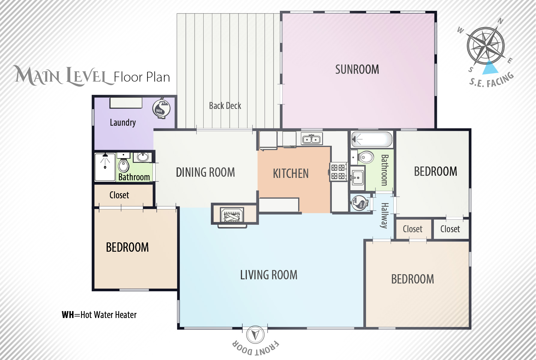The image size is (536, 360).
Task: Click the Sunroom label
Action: coord(357,70)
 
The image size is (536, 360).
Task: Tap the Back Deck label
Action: coord(225,106)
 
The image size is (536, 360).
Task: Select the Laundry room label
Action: coord(123,122)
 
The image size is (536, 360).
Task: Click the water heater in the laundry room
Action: coord(161,108)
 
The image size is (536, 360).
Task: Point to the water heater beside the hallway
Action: coord(359,203)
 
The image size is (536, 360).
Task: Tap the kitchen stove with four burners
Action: coord(338,172)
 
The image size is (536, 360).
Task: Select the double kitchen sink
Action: coord(312,139)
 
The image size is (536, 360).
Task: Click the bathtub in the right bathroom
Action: coord(372,139)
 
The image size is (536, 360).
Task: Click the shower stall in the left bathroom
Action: coord(105,167)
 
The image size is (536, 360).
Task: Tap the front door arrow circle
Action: coord(255,335)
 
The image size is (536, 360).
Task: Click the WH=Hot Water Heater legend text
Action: coord(99,315)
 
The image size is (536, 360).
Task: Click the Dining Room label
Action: coord(205,172)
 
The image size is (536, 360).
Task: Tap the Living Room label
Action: coord(269,275)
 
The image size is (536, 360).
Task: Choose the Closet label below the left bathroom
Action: coord(119,195)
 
